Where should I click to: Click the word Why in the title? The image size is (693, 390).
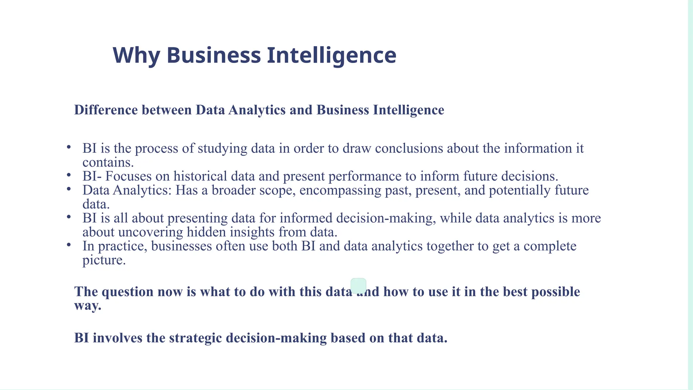[136, 55]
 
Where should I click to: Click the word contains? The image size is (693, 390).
[108, 162]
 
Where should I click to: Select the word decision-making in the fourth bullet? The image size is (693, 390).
[385, 218]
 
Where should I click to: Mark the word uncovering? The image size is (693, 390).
[151, 232]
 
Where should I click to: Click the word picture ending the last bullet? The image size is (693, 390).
[104, 260]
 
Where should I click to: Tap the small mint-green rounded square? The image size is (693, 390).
[358, 286]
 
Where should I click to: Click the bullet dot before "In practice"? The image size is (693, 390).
[69, 244]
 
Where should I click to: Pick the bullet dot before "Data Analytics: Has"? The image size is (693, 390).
[69, 189]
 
